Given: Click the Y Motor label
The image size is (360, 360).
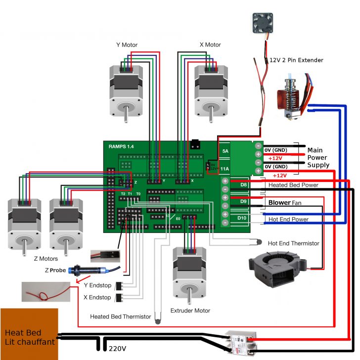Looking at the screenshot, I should pyautogui.click(x=127, y=45).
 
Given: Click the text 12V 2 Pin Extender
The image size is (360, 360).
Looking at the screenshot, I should pyautogui.click(x=296, y=60).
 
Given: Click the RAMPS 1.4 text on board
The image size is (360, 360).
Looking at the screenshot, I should pyautogui.click(x=121, y=147).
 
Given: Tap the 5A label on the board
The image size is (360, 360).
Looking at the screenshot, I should pyautogui.click(x=225, y=151).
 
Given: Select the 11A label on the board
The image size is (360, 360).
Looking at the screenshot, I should pyautogui.click(x=225, y=169).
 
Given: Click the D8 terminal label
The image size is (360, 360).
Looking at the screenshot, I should pyautogui.click(x=243, y=185).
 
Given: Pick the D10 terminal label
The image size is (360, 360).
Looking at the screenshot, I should pyautogui.click(x=242, y=218).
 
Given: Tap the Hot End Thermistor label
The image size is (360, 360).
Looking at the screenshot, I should pyautogui.click(x=293, y=243).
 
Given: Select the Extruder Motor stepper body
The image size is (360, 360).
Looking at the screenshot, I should pyautogui.click(x=190, y=270).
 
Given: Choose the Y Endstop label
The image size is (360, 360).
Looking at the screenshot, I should pyautogui.click(x=97, y=285).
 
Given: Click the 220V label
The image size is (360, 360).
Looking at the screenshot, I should pyautogui.click(x=117, y=349).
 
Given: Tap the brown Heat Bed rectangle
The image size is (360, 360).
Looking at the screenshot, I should pyautogui.click(x=29, y=334).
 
